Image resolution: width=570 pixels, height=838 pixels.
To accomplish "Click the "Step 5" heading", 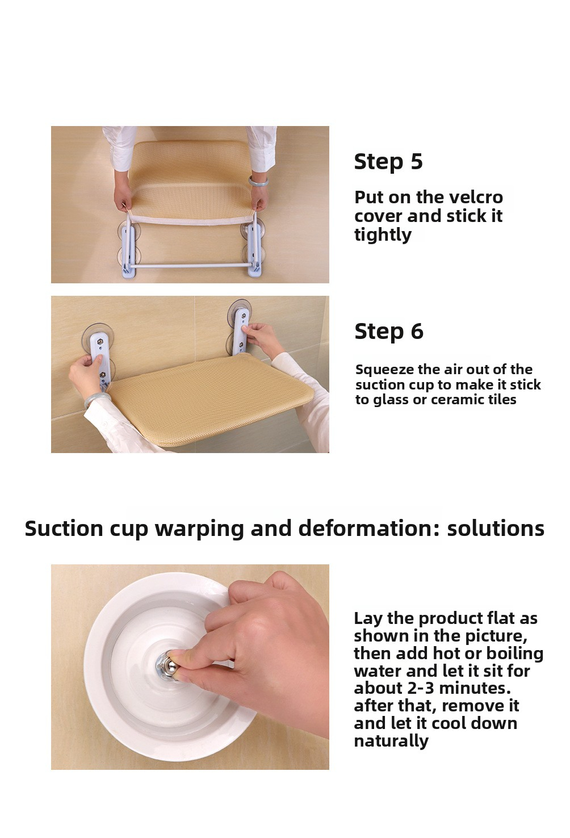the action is [388, 162].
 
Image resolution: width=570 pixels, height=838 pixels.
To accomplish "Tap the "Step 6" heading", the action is [388, 332].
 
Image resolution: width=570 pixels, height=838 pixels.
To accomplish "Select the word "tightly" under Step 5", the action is [383, 235].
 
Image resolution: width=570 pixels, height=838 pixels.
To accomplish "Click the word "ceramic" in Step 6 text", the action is [456, 400].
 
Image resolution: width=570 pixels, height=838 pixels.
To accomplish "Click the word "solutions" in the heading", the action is [496, 528].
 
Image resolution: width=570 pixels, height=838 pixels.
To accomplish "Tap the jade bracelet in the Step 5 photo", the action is [259, 181].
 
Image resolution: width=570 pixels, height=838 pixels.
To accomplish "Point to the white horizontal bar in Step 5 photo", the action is [191, 266].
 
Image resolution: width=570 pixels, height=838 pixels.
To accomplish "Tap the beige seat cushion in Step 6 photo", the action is [210, 400].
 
